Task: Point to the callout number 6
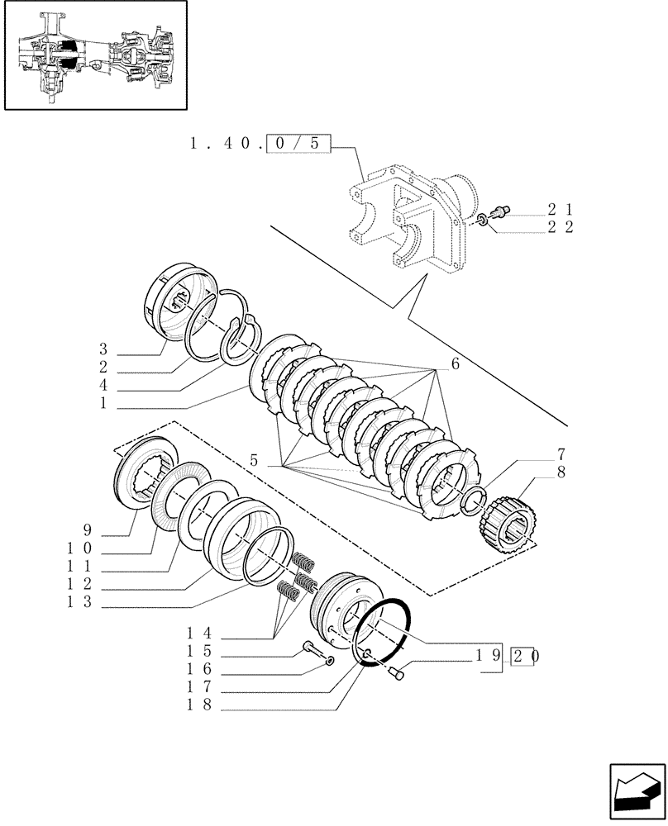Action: (455, 364)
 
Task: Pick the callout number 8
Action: (561, 473)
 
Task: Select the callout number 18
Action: (199, 705)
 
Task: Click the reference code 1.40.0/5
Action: (260, 143)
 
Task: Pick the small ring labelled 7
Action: (470, 501)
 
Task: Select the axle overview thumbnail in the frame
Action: (95, 55)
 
